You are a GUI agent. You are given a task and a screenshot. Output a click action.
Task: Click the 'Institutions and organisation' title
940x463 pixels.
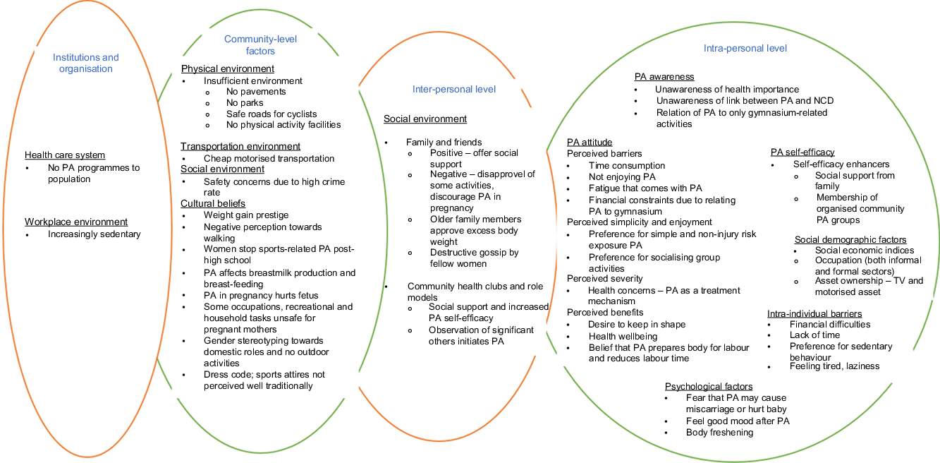(x=86, y=63)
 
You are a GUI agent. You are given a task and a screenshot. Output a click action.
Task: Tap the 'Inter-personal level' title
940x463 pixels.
(x=454, y=89)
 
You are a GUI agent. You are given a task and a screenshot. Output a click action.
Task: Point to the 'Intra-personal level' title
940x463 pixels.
(x=745, y=48)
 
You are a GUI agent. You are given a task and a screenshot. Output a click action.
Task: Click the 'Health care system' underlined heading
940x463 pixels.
(x=65, y=155)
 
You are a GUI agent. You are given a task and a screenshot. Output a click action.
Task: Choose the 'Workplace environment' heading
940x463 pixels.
(x=76, y=222)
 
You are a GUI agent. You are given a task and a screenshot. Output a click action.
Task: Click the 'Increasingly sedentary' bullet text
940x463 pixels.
(x=94, y=234)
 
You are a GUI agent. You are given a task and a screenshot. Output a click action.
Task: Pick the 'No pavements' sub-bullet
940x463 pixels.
(x=246, y=92)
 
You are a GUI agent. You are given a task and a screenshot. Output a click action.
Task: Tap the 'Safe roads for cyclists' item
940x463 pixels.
(x=271, y=114)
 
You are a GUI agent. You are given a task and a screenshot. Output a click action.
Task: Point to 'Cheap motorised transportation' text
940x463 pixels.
(x=269, y=159)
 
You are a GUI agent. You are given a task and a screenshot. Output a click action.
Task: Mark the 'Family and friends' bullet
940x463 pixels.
(x=444, y=142)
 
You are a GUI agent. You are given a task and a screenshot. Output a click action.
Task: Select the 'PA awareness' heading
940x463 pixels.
(x=664, y=77)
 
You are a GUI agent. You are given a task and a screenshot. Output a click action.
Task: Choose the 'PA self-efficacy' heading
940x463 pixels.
(x=802, y=152)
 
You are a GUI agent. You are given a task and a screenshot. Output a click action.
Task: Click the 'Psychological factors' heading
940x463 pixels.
(x=709, y=387)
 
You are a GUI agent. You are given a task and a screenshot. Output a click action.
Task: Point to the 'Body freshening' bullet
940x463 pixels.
(x=719, y=432)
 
